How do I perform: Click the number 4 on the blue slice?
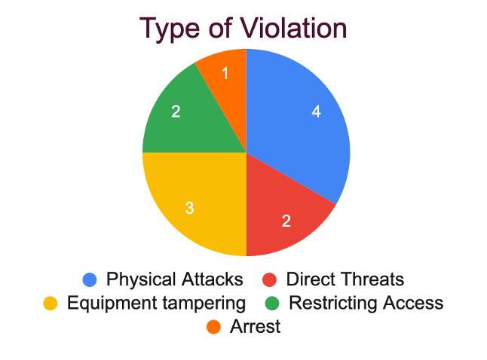(316, 111)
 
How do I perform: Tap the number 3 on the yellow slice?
(189, 208)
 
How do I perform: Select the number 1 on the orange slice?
(225, 74)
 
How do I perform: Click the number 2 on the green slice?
(176, 111)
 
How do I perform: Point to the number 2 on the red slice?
(286, 221)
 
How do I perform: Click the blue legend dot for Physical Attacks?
(90, 279)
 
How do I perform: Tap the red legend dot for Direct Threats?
(269, 279)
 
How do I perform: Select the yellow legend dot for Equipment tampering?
(51, 304)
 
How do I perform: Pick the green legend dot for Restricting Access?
(272, 304)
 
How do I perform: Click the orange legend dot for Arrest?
(213, 327)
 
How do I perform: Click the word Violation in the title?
(293, 28)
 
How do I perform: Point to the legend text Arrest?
(256, 326)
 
